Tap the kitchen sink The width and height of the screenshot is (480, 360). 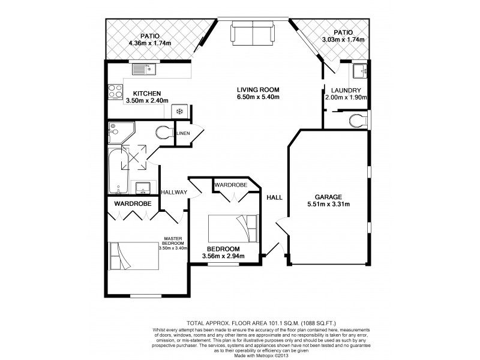(x=143, y=70)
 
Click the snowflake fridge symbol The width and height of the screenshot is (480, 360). (x=179, y=111)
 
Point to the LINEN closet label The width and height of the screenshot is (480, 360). (x=184, y=133)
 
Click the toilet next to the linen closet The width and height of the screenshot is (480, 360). (x=163, y=132)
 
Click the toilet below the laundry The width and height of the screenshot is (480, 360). (x=358, y=120)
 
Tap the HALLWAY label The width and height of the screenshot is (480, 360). (x=175, y=192)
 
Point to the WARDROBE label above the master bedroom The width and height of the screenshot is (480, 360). (x=133, y=203)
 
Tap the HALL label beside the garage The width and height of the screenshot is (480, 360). (x=274, y=197)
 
